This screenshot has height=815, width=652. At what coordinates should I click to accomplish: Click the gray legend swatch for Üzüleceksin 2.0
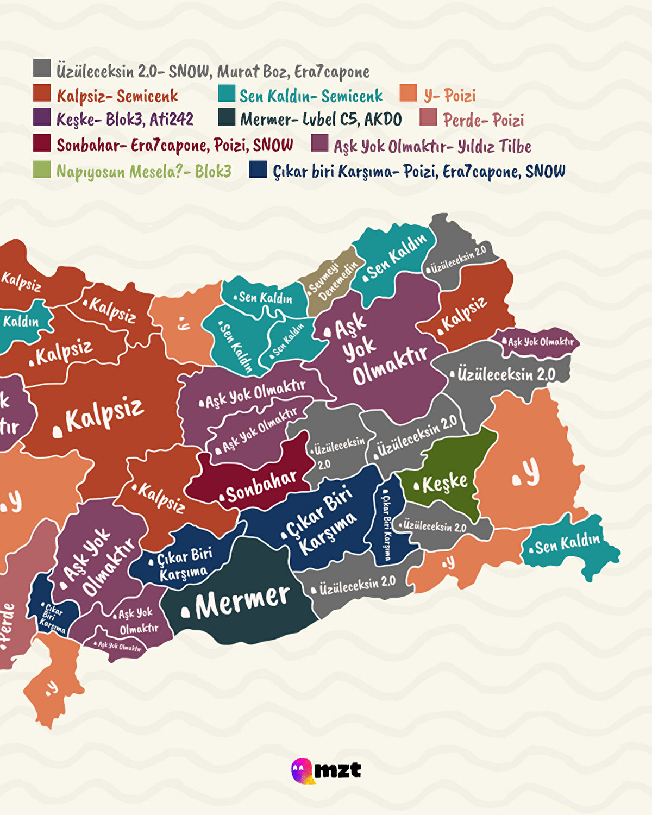coord(42,68)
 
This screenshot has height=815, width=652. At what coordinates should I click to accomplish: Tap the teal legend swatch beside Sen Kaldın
coord(226,93)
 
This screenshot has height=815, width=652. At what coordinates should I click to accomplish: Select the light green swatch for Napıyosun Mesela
coord(42,170)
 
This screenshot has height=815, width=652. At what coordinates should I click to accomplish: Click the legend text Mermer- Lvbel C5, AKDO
coord(321,120)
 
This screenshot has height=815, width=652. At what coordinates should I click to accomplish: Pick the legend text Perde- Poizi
coord(483,120)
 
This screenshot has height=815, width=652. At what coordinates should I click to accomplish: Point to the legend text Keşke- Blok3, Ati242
coord(124,119)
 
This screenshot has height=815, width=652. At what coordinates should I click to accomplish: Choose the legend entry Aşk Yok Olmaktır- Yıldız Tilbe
coord(432,146)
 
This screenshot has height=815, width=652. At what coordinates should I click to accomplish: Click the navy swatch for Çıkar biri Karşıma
coord(258,170)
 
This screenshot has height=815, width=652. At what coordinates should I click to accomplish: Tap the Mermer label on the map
coord(242,601)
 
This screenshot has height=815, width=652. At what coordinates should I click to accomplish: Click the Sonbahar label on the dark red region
coord(261,486)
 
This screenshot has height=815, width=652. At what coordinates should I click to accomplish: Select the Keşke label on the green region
coord(444,482)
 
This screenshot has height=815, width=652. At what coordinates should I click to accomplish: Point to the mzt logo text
coord(337,770)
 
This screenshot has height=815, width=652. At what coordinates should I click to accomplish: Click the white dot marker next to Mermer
coord(185,612)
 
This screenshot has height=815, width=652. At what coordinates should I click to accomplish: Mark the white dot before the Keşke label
coord(417,486)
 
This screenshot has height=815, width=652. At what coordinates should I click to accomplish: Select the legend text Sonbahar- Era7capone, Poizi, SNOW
coord(174,145)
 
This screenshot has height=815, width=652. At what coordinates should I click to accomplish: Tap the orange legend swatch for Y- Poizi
coord(408,93)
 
